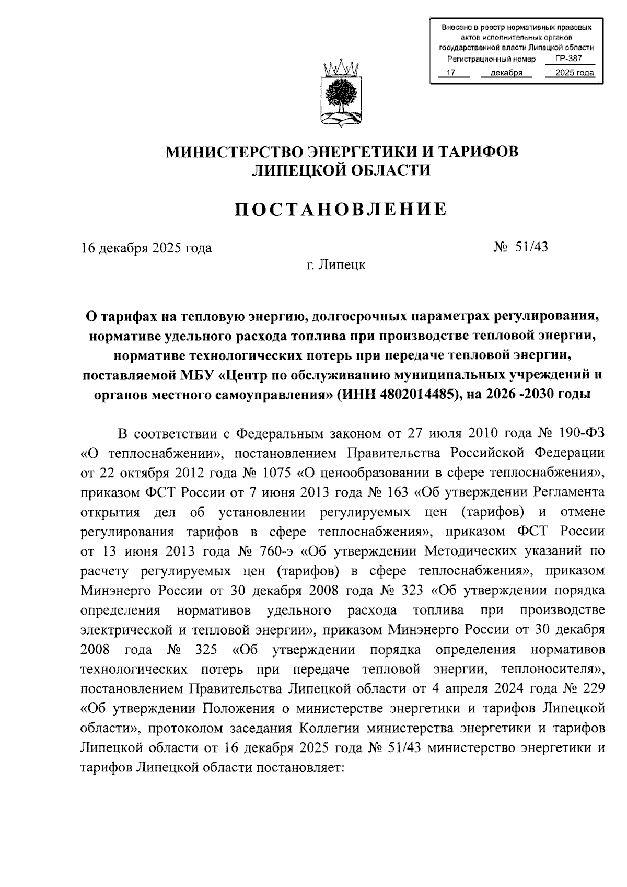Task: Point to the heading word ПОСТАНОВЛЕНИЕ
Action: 341,209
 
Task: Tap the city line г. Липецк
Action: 336,265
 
